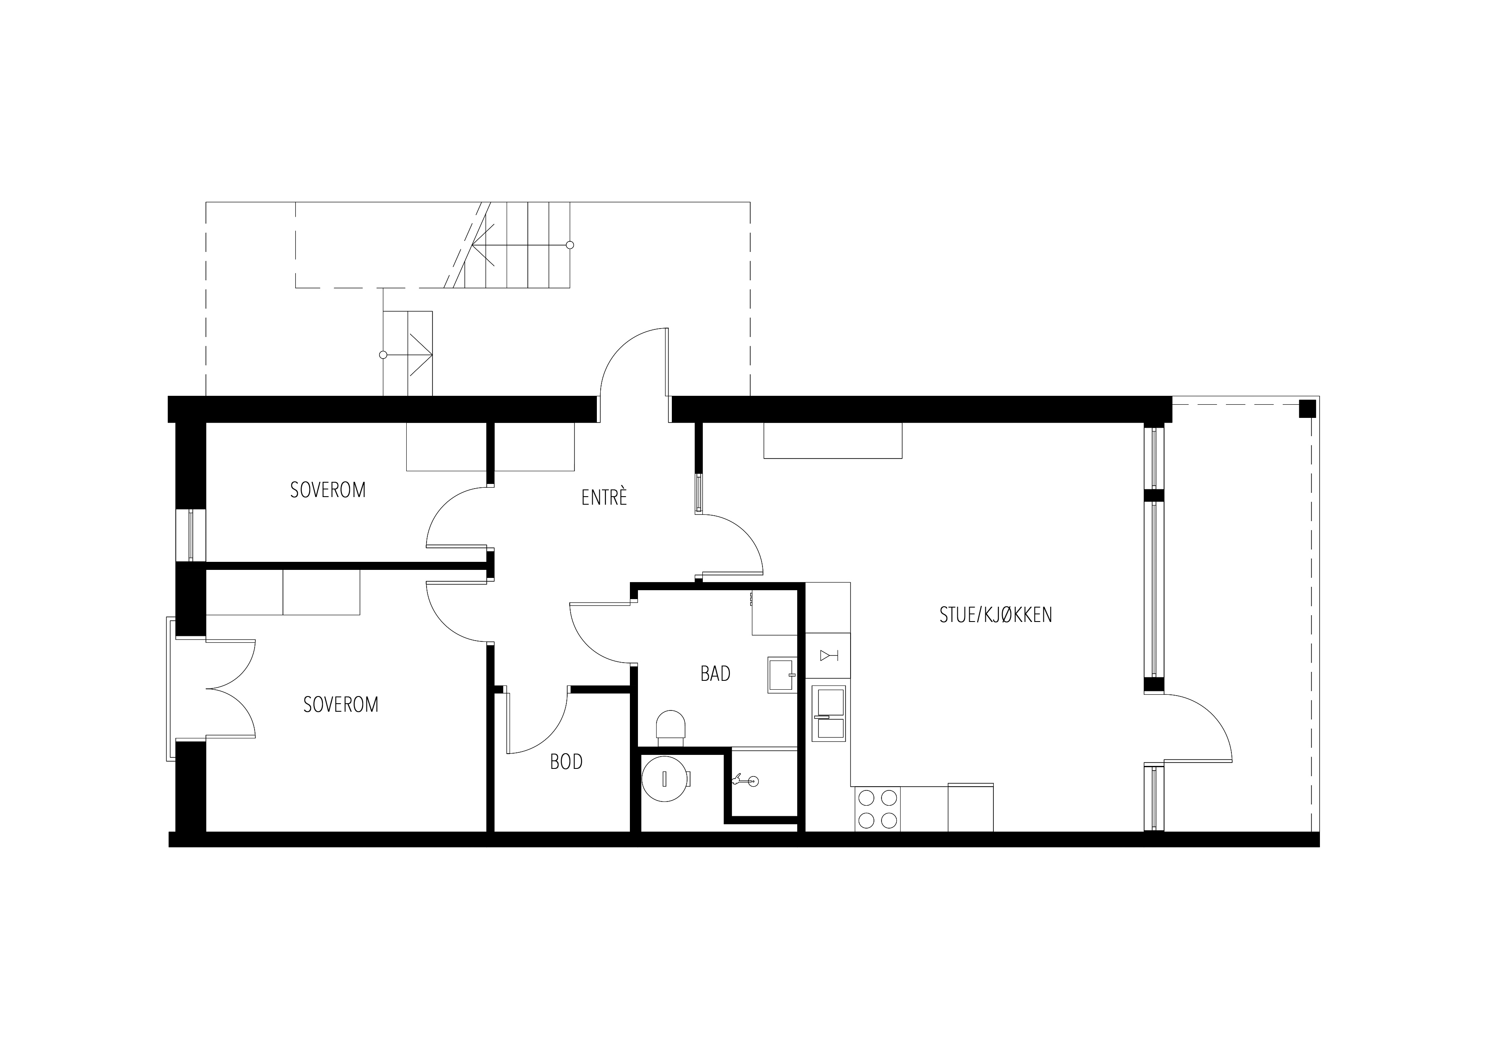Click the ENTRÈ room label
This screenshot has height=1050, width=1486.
[604, 497]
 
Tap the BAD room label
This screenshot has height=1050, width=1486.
[715, 674]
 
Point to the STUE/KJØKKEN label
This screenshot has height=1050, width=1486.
[995, 615]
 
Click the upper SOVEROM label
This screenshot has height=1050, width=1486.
[327, 490]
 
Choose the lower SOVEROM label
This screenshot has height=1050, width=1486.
[341, 705]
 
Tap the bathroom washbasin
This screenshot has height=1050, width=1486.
[782, 675]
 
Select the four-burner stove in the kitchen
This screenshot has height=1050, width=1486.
[877, 809]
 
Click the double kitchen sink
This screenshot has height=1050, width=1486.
[829, 713]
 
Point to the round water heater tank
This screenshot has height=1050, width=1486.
[665, 779]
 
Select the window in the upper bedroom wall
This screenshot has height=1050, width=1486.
[191, 535]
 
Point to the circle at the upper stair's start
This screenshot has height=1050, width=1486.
[570, 245]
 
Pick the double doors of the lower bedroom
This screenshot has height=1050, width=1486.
[230, 688]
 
